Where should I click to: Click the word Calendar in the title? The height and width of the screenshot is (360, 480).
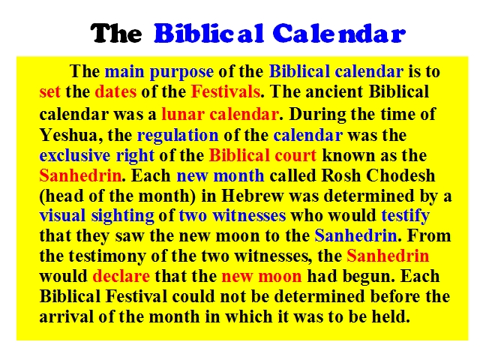coord(339,33)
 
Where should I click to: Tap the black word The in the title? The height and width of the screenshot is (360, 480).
coord(116,33)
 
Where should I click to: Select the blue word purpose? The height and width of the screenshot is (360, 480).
coord(181,72)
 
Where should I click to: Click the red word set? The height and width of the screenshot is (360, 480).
coord(50,91)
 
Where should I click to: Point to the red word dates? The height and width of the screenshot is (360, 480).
coord(115,91)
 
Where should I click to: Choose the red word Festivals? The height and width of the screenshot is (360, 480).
coord(226,91)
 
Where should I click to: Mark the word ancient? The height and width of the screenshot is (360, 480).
coord(334,91)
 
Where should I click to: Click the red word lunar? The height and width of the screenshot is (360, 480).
coord(183,114)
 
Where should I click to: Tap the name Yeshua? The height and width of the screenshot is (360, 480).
coord(68,135)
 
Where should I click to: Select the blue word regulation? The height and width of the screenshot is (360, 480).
coord(178,136)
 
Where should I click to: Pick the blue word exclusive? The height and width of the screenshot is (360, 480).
coord(75,155)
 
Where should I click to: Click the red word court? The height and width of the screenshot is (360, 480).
coord(295,155)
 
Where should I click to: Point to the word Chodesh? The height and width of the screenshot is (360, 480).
coord(400,175)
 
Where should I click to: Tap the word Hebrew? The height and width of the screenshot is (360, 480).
coord(252,196)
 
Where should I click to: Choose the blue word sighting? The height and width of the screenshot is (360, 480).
coord(122,217)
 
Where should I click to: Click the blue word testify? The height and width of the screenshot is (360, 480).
coord(405,217)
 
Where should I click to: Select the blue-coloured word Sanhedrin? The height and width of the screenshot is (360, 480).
coord(355,236)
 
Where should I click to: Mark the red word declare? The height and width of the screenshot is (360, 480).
coord(121,276)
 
